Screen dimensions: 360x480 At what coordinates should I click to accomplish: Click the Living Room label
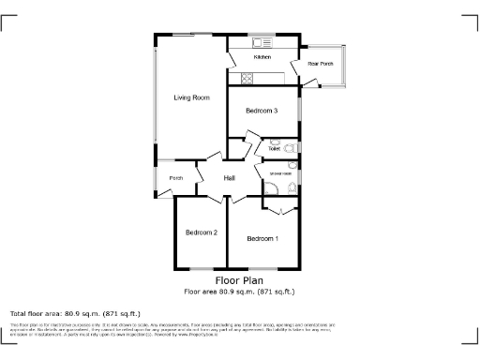pyautogui.click(x=190, y=97)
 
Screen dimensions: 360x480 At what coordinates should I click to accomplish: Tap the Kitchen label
pyautogui.click(x=262, y=58)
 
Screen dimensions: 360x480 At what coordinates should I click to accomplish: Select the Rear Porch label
pyautogui.click(x=321, y=64)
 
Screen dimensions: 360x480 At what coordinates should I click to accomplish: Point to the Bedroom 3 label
pyautogui.click(x=262, y=111)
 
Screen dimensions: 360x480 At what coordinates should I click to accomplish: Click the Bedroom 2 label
pyautogui.click(x=201, y=232)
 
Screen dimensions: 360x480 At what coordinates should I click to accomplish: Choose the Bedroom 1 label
pyautogui.click(x=262, y=239)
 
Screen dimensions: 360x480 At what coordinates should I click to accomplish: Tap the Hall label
pyautogui.click(x=229, y=178)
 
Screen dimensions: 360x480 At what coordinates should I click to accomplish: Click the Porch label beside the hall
pyautogui.click(x=175, y=178)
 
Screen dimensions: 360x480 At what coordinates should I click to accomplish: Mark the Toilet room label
pyautogui.click(x=274, y=148)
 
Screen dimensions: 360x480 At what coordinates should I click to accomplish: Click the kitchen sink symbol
pyautogui.click(x=261, y=43)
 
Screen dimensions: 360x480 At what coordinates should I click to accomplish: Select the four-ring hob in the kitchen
pyautogui.click(x=248, y=79)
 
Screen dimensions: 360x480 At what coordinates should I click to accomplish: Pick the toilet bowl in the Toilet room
pyautogui.click(x=290, y=148)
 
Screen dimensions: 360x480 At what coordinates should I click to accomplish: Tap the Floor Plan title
pyautogui.click(x=239, y=279)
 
